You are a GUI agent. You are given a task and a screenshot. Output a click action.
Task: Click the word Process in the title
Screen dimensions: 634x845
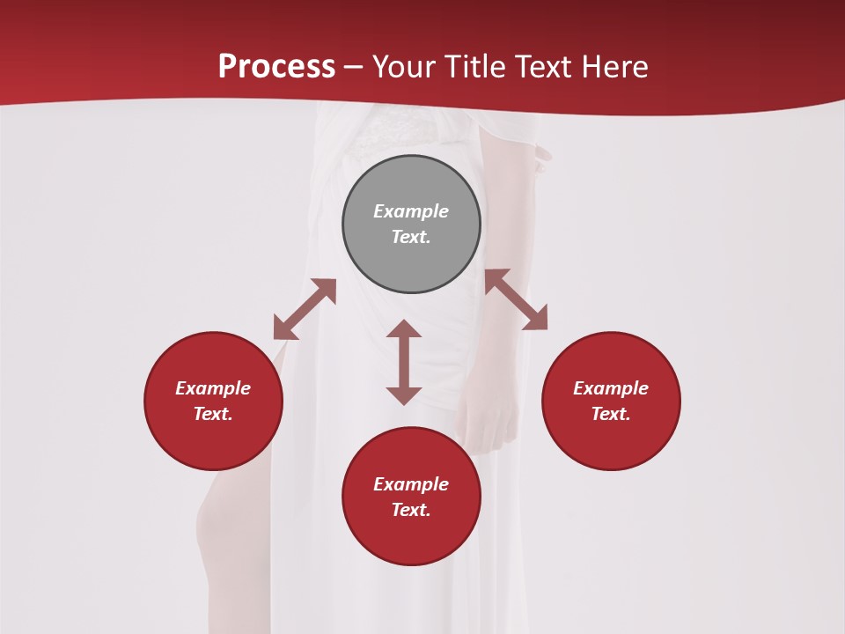[276, 67]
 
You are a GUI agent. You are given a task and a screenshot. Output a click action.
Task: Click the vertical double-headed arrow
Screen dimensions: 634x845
[404, 362]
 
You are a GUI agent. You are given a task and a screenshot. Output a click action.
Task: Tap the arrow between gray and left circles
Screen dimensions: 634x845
[305, 309]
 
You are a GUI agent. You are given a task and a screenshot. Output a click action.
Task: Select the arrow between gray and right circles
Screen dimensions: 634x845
[516, 299]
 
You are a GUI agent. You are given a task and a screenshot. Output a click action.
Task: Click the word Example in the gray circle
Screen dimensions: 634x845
[411, 211]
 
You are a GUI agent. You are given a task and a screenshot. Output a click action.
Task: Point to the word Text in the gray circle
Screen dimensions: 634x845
[411, 237]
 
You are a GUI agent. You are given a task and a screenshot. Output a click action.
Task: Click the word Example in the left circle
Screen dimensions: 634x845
[213, 388]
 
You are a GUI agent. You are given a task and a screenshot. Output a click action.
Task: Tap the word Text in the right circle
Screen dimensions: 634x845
[611, 414]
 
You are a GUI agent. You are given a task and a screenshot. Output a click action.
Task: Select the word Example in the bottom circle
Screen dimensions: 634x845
[411, 484]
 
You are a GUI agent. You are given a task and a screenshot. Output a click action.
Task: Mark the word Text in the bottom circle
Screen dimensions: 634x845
[411, 510]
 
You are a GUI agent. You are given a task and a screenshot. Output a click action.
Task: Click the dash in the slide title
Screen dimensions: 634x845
[354, 67]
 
